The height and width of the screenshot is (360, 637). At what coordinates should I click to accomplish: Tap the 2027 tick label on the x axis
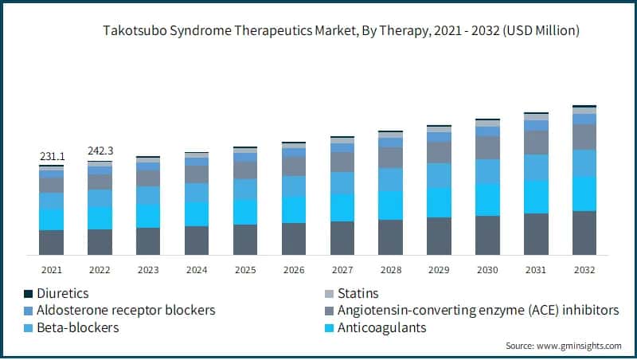click(342, 270)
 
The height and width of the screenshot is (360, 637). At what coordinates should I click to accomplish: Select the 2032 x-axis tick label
click(584, 270)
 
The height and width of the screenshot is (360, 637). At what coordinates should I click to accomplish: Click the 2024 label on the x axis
click(197, 270)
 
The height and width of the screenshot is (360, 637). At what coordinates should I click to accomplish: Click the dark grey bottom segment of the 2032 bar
click(584, 233)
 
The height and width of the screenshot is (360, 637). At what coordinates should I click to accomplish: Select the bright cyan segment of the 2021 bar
click(52, 220)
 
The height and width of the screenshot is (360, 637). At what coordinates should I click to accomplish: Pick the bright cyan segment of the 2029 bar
click(439, 202)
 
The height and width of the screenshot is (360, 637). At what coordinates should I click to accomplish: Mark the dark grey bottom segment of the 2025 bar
click(245, 239)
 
